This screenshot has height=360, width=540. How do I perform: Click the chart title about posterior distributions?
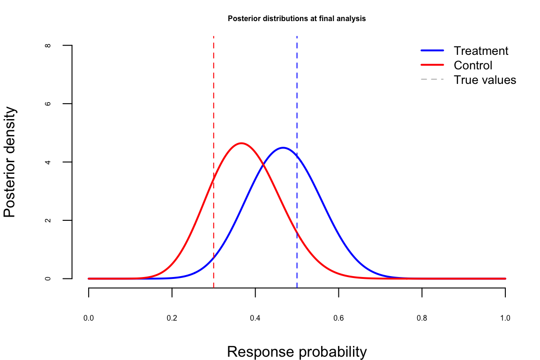297,19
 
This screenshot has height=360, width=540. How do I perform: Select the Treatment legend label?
480,51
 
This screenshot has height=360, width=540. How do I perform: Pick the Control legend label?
472,65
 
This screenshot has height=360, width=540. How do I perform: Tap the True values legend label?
485,80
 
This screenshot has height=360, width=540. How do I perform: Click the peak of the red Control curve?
241,143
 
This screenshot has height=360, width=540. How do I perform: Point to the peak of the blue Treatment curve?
283,148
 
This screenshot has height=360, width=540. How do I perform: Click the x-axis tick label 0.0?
89,318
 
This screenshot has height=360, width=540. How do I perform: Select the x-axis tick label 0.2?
172,318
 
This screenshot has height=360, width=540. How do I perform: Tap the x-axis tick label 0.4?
255,318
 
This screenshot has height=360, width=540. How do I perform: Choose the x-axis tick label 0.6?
338,318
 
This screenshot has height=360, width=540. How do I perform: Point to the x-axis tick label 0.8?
422,318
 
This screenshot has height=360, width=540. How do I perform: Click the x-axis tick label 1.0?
505,318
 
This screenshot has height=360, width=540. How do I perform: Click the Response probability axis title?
297,352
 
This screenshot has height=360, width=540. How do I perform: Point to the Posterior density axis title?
10,162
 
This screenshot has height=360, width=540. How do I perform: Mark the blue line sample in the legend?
432,51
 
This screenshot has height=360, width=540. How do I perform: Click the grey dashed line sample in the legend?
432,80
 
